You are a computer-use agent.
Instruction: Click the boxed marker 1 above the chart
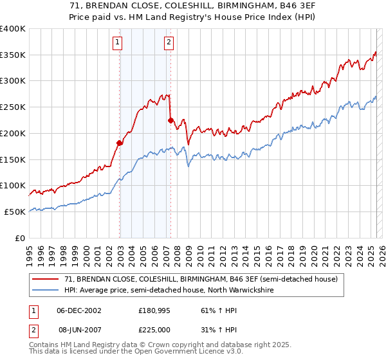pyautogui.click(x=118, y=43)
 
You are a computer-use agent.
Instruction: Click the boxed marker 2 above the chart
pyautogui.click(x=169, y=43)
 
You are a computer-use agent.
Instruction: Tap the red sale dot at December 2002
pyautogui.click(x=120, y=143)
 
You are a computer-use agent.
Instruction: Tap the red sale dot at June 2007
pyautogui.click(x=170, y=120)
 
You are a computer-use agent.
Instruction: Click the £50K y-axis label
pyautogui.click(x=15, y=212)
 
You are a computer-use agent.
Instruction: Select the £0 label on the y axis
pyautogui.click(x=21, y=238)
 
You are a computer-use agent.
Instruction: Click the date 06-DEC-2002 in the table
pyautogui.click(x=79, y=310)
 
